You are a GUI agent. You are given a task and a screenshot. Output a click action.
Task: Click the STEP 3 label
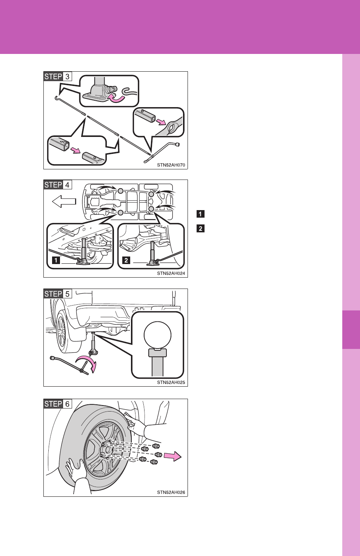(58, 77)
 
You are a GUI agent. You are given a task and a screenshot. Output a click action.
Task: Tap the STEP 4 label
(58, 185)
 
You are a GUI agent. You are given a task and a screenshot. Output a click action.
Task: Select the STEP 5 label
(58, 294)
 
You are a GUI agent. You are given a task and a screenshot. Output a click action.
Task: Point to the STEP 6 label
(58, 404)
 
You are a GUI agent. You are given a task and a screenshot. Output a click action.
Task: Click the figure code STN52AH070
(171, 165)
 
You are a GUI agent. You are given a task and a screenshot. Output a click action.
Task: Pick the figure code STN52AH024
(171, 273)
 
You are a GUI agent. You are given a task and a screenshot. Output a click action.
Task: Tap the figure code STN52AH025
(171, 382)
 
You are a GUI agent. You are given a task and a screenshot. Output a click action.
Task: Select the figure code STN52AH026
(171, 492)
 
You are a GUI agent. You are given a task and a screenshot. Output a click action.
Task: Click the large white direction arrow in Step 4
(64, 201)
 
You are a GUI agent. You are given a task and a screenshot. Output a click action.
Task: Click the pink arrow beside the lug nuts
(173, 456)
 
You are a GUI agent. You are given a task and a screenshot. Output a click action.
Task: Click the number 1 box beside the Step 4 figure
(200, 214)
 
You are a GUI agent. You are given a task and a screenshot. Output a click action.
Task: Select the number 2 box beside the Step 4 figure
(200, 228)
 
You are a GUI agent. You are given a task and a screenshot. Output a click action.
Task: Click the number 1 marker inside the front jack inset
(56, 260)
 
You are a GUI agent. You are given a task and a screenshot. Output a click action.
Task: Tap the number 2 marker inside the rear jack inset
(126, 260)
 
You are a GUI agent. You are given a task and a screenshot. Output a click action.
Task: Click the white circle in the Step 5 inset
(157, 335)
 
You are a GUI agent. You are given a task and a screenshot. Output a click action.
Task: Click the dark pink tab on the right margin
(351, 330)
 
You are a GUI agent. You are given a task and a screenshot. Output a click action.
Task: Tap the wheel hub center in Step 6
(108, 449)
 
